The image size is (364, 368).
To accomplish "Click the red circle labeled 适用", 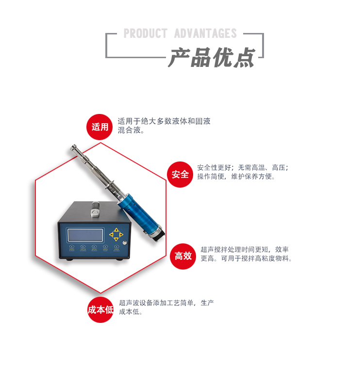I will coord(100,127).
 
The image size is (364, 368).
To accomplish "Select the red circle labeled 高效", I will coord(183,256).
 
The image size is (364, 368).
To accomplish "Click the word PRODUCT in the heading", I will coord(145,33).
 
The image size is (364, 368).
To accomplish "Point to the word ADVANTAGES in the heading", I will coord(205,33).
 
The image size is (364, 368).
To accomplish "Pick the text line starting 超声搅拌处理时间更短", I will coord(245,249).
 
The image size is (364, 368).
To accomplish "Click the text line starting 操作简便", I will coord(236,176).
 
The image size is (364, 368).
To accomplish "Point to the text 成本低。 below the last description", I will coord(131,312).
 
